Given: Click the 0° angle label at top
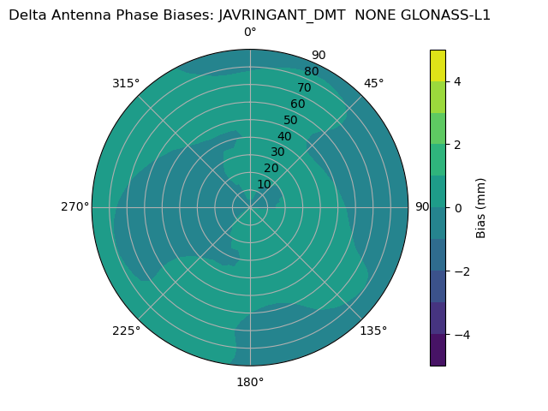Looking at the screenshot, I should pyautogui.click(x=250, y=33).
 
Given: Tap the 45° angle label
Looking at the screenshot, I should pyautogui.click(x=374, y=83).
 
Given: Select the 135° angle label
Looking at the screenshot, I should pyautogui.click(x=373, y=331).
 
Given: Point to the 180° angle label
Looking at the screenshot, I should pyautogui.click(x=250, y=382).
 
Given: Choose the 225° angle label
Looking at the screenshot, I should pyautogui.click(x=126, y=331).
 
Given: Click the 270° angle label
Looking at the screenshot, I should pyautogui.click(x=74, y=206).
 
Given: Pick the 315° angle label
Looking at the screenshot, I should pyautogui.click(x=126, y=83).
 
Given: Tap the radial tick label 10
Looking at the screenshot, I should pyautogui.click(x=264, y=184).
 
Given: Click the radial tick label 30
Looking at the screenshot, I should pyautogui.click(x=277, y=152).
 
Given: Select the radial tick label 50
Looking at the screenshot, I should pyautogui.click(x=291, y=121).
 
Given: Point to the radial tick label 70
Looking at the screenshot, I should pyautogui.click(x=304, y=88).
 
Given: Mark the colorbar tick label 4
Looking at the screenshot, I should pyautogui.click(x=458, y=81).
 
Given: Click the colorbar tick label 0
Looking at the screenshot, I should pyautogui.click(x=458, y=207).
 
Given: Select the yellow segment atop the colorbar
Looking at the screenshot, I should pyautogui.click(x=438, y=65).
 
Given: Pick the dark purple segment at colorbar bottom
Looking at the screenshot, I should pyautogui.click(x=438, y=350).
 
